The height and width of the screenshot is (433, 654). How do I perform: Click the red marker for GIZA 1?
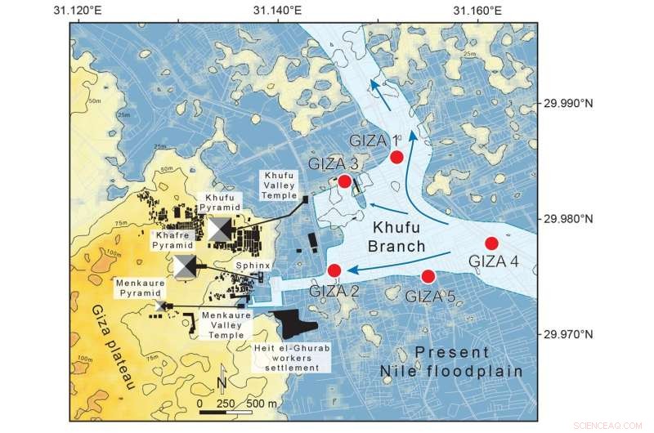click(x=396, y=157)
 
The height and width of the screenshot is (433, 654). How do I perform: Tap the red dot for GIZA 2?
click(x=334, y=270)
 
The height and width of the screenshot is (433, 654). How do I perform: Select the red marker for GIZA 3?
click(x=345, y=181)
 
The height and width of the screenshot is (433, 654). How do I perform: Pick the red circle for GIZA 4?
click(x=491, y=243)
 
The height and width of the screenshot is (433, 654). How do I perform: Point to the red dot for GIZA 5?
click(x=428, y=277)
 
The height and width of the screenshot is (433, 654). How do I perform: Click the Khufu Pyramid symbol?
click(x=220, y=230)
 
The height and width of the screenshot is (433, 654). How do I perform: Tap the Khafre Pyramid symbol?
click(x=186, y=266)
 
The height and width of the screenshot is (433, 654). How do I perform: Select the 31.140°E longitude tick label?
click(x=277, y=10)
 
